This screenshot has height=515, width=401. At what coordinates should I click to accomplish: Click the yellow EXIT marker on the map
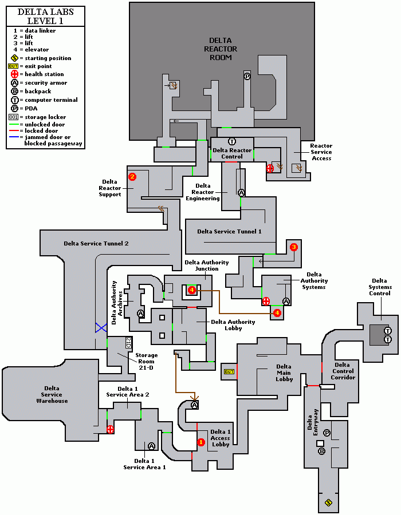coord(229,372)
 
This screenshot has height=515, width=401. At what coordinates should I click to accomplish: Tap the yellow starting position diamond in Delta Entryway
coord(328,502)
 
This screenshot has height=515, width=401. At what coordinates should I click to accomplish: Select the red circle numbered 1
coord(200,442)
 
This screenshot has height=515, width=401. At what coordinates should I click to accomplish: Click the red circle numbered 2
coord(132,177)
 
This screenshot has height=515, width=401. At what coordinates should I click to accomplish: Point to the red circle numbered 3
coord(294,247)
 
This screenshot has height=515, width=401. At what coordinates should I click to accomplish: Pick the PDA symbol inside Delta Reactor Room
coord(247,76)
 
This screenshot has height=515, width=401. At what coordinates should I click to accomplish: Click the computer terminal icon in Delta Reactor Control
coord(232,141)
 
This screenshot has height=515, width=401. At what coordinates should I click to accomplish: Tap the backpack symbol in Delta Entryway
coord(321,451)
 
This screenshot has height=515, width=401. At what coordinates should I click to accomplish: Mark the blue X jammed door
coord(101,328)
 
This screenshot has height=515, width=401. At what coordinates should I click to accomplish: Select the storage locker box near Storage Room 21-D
coord(128,342)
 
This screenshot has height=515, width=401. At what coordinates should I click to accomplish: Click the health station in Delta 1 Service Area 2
coord(111,429)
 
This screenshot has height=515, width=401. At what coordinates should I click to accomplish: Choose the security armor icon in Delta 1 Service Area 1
coord(151,446)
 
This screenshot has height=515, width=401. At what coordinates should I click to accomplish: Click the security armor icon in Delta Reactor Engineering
coord(241,193)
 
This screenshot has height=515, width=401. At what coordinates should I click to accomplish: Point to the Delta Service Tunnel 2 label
coord(96,243)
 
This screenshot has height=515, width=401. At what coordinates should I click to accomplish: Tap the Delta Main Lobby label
coord(284,374)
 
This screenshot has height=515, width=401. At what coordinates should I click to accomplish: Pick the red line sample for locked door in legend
coord(15,131)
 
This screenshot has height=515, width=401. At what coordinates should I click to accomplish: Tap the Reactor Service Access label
coord(321,152)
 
